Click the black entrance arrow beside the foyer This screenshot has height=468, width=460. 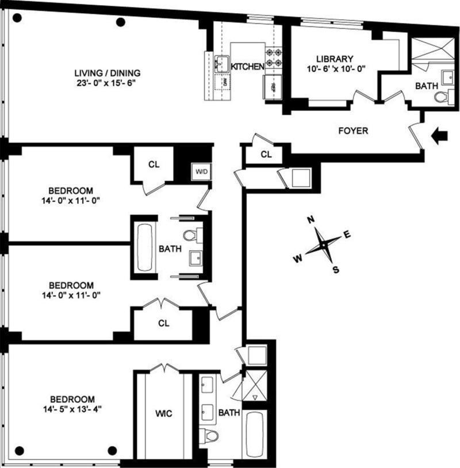coord(439,136)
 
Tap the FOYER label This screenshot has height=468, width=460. coord(353,131)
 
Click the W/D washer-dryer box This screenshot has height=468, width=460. coord(201,172)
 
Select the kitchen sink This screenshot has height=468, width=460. coord(222,64)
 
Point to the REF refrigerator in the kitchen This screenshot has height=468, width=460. coord(272,87)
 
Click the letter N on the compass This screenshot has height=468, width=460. coord(311,220)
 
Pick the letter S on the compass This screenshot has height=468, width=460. coord(336,270)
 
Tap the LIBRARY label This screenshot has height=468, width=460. coord(335,59)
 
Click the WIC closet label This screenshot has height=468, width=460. coord(163,414)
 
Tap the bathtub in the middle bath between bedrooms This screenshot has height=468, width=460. coord(144,247)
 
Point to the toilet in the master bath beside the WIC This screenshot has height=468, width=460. coord(209,435)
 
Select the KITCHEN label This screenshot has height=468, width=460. coord(247,67)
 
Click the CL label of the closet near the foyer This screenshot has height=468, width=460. coord(266,154)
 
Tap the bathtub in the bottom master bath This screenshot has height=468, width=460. coord(254,434)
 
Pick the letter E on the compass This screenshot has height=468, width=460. coord(347,235)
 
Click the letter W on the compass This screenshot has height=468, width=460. coord(298,259)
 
